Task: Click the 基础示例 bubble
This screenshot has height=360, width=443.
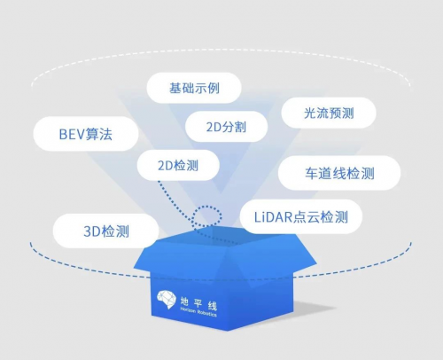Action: [x=194, y=88]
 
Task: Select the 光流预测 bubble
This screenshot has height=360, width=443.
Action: [x=329, y=113]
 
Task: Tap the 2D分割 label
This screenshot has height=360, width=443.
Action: [x=226, y=127]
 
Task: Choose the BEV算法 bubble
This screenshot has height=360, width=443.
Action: [x=86, y=134]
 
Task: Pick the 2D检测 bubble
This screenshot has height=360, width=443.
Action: [x=178, y=165]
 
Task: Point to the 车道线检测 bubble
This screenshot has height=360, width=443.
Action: [x=339, y=173]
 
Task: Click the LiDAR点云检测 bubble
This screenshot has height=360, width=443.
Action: [x=301, y=216]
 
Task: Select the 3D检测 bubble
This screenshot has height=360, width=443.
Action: [x=106, y=231]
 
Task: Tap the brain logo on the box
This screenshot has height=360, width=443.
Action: [x=167, y=299]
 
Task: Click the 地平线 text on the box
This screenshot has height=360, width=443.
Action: [x=198, y=303]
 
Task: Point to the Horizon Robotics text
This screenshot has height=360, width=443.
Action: [x=198, y=312]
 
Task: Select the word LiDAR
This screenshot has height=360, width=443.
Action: [x=273, y=217]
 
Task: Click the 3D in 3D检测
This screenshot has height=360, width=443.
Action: [x=92, y=231]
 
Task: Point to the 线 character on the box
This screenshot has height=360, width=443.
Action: [x=213, y=306]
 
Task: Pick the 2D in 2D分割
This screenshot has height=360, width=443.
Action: [x=214, y=127]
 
